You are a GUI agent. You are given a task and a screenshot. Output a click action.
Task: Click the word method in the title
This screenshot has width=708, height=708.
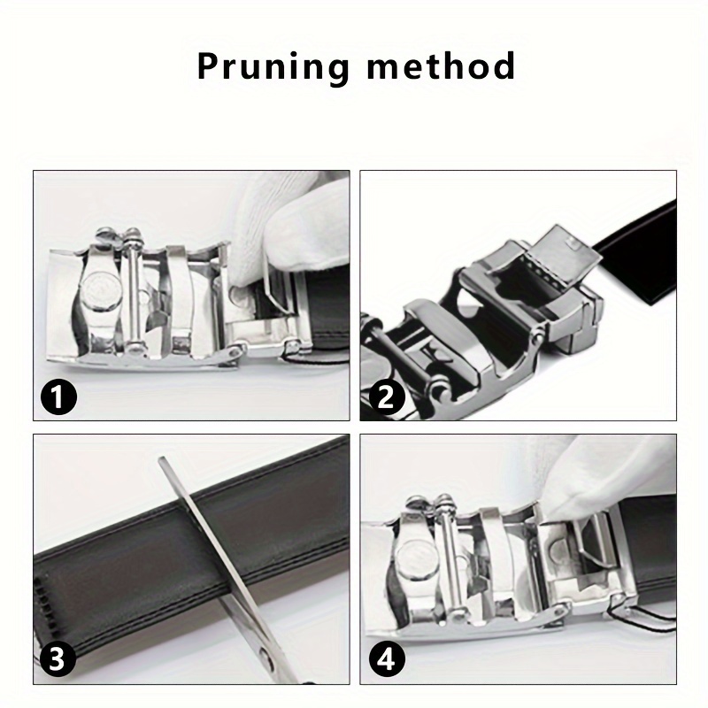coord(441,65)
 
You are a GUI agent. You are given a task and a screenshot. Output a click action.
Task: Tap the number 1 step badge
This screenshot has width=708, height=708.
coord(58,397)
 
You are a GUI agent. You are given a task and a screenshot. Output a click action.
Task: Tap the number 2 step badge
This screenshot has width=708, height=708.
coord(386,397)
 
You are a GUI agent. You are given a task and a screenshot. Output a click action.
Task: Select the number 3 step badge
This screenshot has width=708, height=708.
coord(57,659)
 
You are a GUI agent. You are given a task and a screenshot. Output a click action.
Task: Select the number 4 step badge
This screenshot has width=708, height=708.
coord(387,660)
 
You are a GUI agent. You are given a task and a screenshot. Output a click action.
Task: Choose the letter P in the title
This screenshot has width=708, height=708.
coord(208,66)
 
